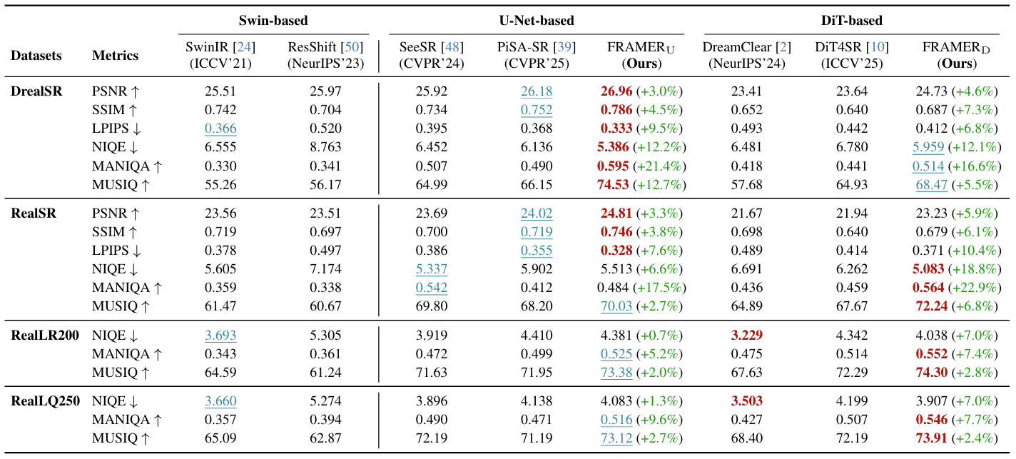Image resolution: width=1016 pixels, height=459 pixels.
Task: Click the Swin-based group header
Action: point(273,20)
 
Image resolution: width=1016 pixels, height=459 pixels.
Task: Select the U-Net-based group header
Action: point(536,20)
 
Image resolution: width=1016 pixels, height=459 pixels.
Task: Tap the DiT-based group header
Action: point(851,20)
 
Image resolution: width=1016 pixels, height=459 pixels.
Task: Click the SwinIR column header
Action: point(220,55)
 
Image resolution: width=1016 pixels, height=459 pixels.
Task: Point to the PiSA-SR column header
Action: point(536,55)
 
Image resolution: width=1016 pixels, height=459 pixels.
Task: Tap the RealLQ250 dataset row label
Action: point(44,400)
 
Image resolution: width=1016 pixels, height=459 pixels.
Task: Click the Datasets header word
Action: point(36,55)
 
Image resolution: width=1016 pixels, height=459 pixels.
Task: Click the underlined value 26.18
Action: point(536,91)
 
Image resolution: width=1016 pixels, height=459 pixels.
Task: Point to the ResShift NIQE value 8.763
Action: point(326,147)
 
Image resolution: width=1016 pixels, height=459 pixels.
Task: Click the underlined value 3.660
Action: point(220,400)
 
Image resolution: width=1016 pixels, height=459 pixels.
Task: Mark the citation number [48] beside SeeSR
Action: point(452,47)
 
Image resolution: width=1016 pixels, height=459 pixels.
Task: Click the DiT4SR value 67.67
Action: point(848,306)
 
